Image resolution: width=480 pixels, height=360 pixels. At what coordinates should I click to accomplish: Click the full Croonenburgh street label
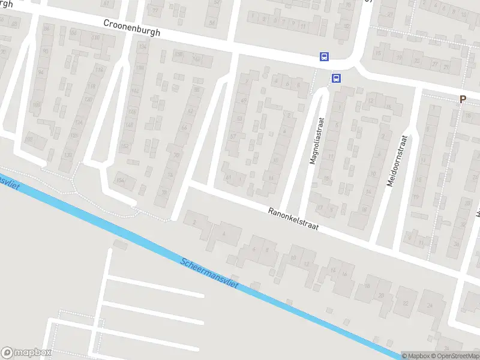tap(132, 28)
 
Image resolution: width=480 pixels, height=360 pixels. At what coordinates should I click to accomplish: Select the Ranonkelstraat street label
tap(293, 220)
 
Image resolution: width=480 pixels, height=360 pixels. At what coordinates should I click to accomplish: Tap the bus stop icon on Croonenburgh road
tap(324, 57)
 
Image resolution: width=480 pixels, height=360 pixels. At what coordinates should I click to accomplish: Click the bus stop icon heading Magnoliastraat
tap(336, 78)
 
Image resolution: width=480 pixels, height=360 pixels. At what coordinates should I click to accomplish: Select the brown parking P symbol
tap(463, 100)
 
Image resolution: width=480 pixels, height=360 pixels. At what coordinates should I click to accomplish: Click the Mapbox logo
tap(26, 353)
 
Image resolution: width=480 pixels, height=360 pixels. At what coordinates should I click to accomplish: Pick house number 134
tap(142, 46)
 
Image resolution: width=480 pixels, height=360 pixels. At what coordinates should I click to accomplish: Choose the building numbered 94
tap(41, 72)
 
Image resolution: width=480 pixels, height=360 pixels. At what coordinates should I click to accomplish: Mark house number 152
tap(125, 146)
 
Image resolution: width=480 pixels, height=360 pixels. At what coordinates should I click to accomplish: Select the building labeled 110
tap(95, 38)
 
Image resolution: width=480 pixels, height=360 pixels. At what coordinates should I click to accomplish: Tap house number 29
tap(446, 67)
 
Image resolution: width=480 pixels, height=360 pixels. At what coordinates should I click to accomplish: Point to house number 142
tap(134, 90)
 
